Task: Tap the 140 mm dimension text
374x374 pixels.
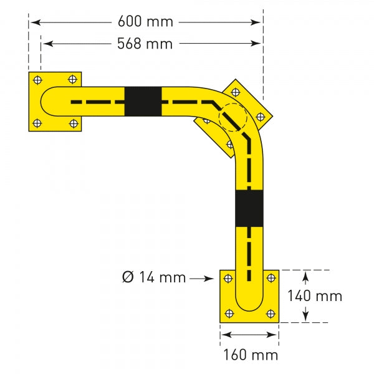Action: [x=314, y=296]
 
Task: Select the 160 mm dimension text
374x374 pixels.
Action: [x=251, y=355]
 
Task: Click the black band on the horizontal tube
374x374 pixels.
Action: [x=143, y=101]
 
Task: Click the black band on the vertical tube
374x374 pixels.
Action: [x=249, y=208]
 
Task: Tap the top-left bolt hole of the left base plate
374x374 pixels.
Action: [x=37, y=80]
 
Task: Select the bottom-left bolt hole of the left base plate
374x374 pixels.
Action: [x=37, y=123]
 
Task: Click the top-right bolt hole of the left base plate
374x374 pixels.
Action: [x=73, y=79]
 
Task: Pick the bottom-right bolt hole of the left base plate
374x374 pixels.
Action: [x=73, y=122]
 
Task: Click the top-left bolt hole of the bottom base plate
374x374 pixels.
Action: [x=229, y=278]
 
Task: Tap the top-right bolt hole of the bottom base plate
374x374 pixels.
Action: [x=271, y=278]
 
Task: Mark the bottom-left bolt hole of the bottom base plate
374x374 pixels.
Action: [x=229, y=314]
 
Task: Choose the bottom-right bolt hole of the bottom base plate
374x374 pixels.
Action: [x=271, y=314]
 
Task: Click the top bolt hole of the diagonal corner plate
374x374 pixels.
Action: [x=236, y=91]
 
